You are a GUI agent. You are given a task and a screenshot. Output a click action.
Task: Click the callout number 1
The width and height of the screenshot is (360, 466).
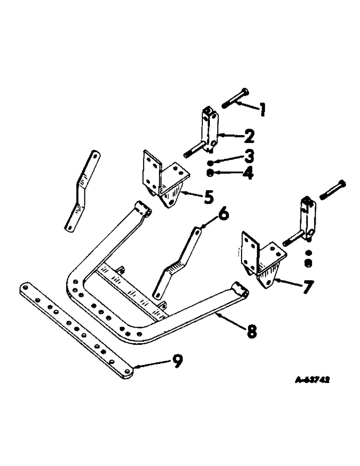(x=263, y=110)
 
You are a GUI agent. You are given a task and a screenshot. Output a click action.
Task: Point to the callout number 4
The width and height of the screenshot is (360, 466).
(x=249, y=174)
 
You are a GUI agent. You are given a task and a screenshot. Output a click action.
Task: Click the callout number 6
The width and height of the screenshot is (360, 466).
(x=223, y=215)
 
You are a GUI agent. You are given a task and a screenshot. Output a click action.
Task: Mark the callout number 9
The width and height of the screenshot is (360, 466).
(x=177, y=362)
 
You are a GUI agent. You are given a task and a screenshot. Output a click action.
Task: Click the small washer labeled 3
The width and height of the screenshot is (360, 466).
(x=211, y=162)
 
